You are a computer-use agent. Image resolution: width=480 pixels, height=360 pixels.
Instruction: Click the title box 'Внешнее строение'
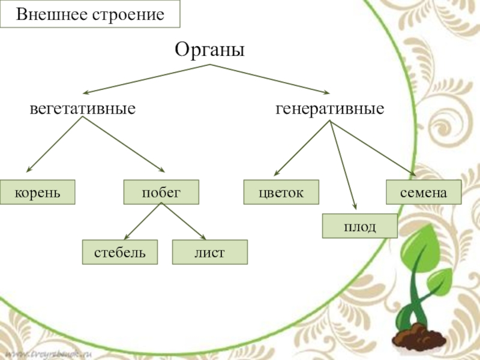[x=90, y=14]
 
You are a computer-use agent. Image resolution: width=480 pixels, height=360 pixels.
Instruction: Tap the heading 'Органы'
[x=210, y=49]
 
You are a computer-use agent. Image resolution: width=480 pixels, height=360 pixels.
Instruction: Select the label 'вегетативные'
[x=83, y=110]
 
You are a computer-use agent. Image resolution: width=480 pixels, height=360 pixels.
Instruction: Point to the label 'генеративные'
[x=330, y=110]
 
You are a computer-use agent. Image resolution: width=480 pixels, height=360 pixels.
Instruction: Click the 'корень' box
[x=38, y=192]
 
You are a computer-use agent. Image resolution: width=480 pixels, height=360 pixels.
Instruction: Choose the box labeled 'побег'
[x=161, y=192]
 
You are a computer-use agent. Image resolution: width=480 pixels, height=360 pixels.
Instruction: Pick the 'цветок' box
[x=281, y=192]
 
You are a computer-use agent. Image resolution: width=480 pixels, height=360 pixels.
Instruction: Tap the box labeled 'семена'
[x=424, y=192]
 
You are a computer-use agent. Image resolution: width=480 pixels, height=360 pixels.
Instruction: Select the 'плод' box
[x=360, y=226]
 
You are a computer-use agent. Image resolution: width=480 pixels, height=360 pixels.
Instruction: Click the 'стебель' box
[x=120, y=252]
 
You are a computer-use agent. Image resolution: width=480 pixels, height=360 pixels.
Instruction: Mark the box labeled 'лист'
[x=209, y=252]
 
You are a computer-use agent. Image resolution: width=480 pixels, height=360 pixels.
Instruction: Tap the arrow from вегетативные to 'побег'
[x=123, y=145]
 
